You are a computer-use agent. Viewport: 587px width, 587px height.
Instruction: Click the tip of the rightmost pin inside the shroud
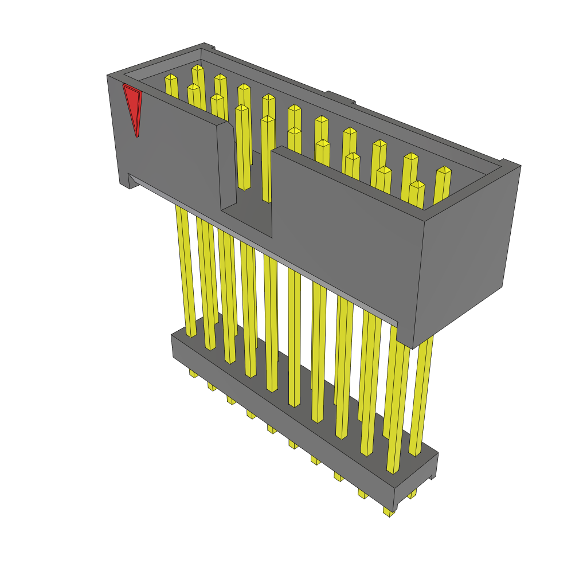pyautogui.click(x=444, y=170)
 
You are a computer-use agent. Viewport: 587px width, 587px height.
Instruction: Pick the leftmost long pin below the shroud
pyautogui.click(x=186, y=269)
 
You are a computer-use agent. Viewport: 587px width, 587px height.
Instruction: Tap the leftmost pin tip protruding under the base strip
pyautogui.click(x=193, y=374)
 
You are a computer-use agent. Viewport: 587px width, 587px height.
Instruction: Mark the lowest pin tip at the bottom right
pyautogui.click(x=389, y=511)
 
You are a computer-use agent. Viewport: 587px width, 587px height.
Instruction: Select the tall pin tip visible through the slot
pyautogui.click(x=267, y=119)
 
